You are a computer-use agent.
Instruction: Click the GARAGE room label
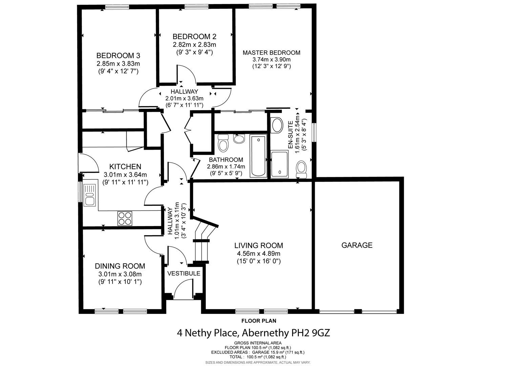click(x=357, y=245)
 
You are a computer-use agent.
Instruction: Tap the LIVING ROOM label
click(x=258, y=245)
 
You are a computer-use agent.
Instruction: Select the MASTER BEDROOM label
click(x=271, y=53)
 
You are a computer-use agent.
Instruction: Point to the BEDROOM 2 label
click(x=194, y=37)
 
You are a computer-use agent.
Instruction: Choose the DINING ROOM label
click(x=120, y=266)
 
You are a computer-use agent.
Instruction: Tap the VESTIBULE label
click(x=184, y=273)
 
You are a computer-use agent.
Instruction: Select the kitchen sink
click(x=90, y=195)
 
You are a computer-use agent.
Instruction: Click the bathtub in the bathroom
click(x=258, y=156)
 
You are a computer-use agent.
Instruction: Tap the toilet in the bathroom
click(x=223, y=143)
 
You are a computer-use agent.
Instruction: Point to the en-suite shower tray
click(x=279, y=164)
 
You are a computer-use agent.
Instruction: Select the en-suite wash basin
click(x=277, y=125)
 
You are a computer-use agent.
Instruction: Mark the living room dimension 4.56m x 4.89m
click(x=258, y=253)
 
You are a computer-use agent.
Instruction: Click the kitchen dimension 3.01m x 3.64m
click(x=125, y=175)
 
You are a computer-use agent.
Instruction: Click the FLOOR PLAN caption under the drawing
click(x=258, y=321)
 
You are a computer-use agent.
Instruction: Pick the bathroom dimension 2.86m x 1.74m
click(x=226, y=166)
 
